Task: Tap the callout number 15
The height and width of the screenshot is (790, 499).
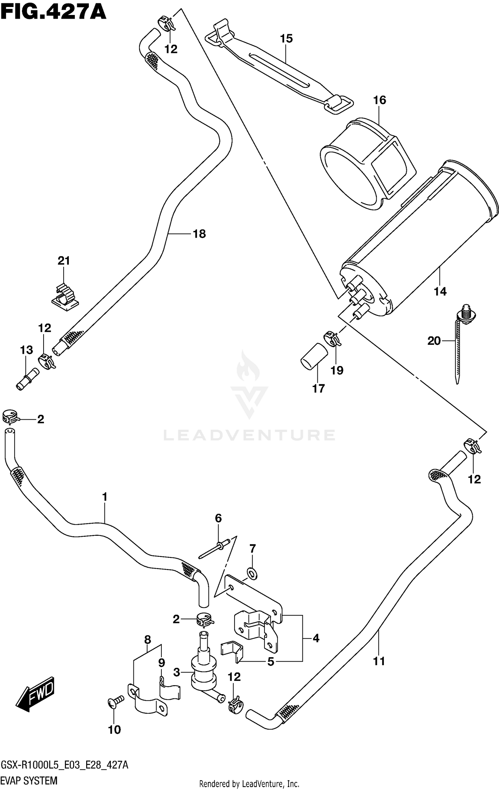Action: click(x=286, y=39)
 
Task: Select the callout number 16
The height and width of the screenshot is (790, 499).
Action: click(x=380, y=100)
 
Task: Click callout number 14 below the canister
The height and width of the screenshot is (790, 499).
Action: click(x=440, y=292)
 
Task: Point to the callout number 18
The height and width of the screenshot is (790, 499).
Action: click(x=199, y=234)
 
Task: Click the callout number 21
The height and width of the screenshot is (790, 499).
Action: click(x=64, y=261)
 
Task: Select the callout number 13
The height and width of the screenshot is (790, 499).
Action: click(x=27, y=350)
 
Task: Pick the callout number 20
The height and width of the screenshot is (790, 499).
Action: click(x=434, y=340)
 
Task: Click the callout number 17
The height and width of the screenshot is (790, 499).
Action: click(x=318, y=388)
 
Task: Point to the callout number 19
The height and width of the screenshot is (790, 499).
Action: click(x=337, y=370)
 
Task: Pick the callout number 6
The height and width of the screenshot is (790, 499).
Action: click(x=218, y=518)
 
